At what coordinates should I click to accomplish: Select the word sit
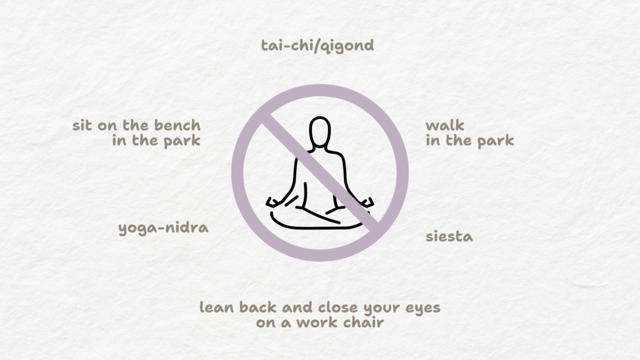click(x=82, y=125)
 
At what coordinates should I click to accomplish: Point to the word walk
click(x=445, y=125)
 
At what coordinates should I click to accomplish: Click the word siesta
click(x=449, y=237)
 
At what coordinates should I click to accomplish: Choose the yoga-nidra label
click(x=163, y=227)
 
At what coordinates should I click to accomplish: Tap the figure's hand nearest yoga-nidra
click(x=273, y=202)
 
